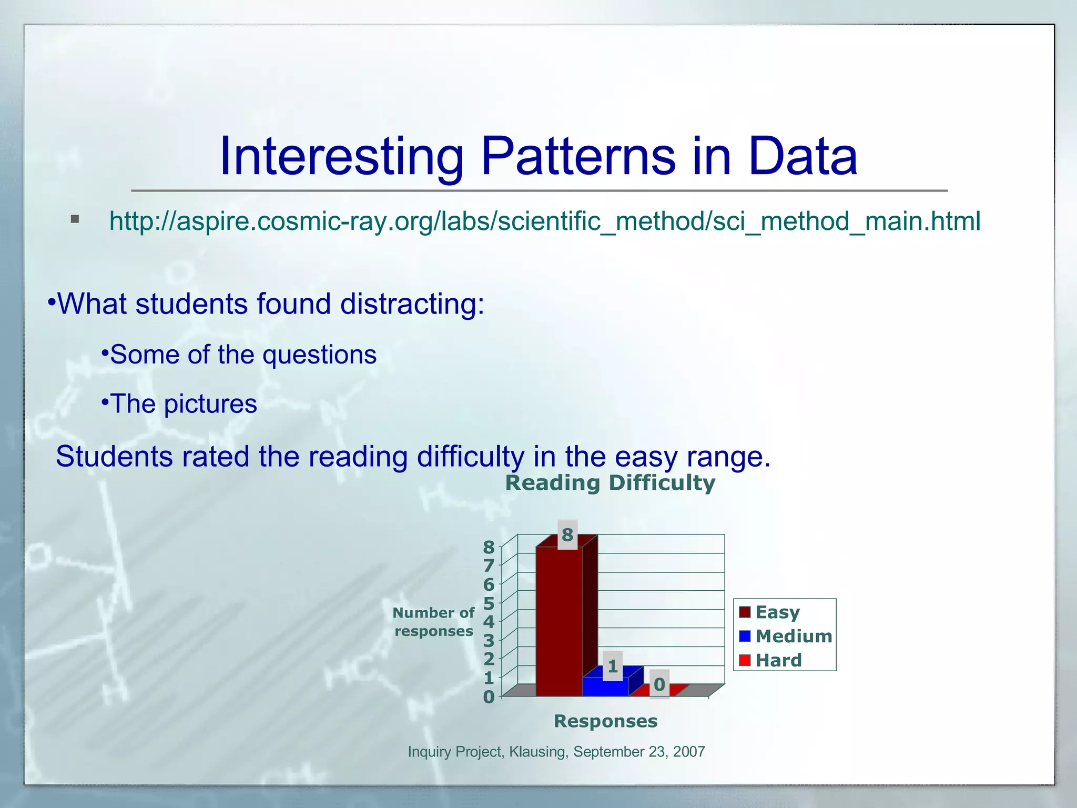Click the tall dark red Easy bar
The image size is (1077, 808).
(559, 621)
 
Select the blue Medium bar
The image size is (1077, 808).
(605, 686)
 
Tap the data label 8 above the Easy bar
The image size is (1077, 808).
(567, 535)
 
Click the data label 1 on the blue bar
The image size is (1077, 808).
(613, 666)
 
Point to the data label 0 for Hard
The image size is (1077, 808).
(659, 684)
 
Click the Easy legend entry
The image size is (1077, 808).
(777, 612)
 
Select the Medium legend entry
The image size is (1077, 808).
(793, 637)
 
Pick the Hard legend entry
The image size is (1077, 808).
(778, 660)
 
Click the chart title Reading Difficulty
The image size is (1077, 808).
(610, 483)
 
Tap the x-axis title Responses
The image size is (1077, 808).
(605, 721)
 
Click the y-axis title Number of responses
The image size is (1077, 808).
(433, 622)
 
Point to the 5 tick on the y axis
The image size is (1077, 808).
(489, 603)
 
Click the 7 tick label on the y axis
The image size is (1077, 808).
(489, 565)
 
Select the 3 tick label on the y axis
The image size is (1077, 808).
(489, 641)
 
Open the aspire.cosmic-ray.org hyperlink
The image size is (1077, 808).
(544, 221)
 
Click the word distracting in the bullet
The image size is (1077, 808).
(412, 304)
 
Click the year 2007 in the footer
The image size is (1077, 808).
(689, 752)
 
